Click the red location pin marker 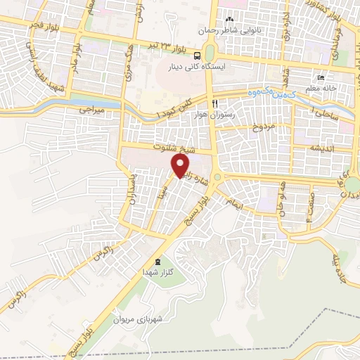[x=181, y=166]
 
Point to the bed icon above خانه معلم [x=321, y=78]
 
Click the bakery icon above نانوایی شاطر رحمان [x=229, y=18]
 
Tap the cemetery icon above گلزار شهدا [x=157, y=260]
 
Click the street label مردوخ [x=256, y=128]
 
